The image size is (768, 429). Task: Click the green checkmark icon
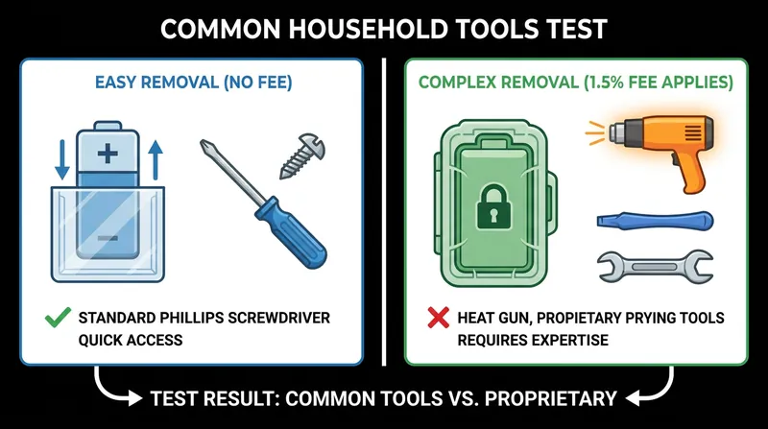click(58, 318)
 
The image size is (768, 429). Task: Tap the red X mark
click(438, 318)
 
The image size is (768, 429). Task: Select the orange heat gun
click(658, 150)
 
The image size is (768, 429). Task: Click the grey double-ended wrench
click(655, 267)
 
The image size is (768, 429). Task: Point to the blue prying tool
click(655, 221)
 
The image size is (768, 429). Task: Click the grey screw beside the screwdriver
click(301, 155)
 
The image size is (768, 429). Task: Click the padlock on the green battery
click(493, 206)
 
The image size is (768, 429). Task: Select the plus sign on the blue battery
click(108, 154)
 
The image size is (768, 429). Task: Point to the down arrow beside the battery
click(62, 159)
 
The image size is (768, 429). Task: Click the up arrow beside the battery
click(155, 159)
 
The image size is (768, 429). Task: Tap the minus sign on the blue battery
click(108, 239)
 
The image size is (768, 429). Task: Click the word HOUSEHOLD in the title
click(368, 29)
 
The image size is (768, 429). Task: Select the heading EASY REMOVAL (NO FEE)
click(194, 83)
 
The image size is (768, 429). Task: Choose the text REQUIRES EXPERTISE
click(533, 340)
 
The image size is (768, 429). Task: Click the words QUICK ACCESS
click(131, 340)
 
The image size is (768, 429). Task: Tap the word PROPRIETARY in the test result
click(550, 398)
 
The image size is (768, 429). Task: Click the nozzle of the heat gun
click(617, 132)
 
